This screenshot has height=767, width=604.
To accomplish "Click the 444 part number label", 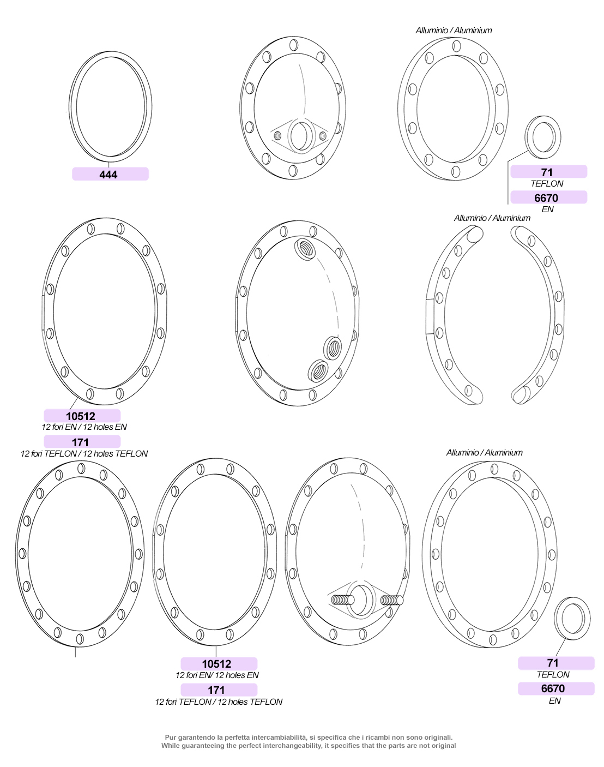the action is coord(108,174).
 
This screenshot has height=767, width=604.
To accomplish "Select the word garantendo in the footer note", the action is coord(196,737).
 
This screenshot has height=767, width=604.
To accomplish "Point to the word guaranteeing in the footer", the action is coord(203,745).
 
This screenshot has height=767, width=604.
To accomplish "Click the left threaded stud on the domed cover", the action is coord(342,600).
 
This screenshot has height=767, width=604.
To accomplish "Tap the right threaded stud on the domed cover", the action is coord(392,600).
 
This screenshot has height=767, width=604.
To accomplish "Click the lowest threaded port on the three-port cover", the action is coord(318,370).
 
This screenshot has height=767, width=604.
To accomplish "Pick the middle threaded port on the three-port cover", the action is coord(333,347).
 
